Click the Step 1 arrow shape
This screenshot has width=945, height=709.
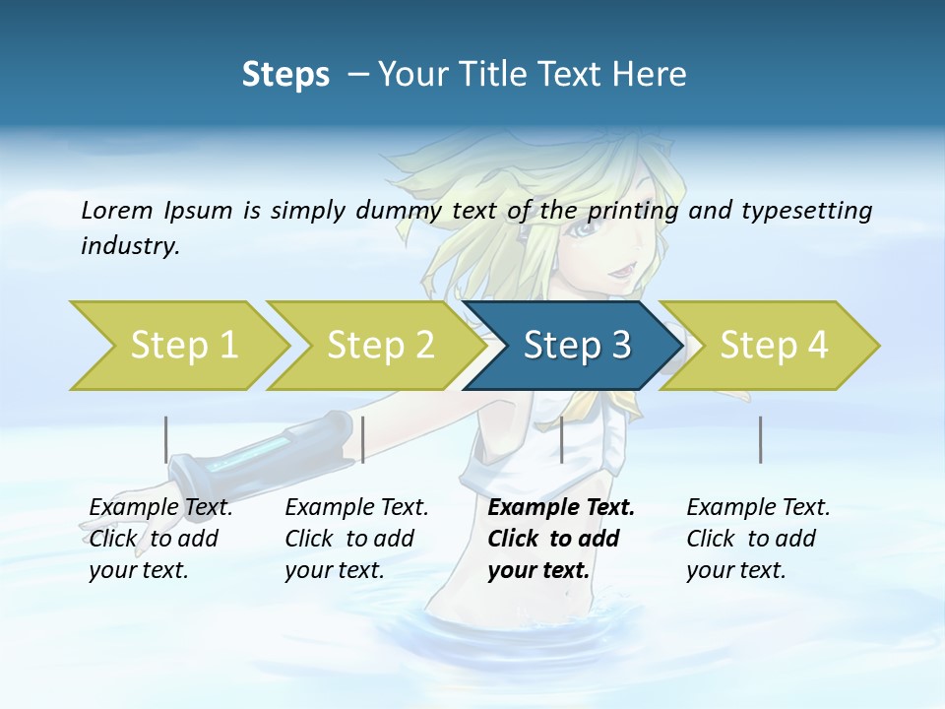coord(177,346)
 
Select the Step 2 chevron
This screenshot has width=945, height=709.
coord(374,346)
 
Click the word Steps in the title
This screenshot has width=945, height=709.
coord(285,74)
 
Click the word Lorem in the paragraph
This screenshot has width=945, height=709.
coord(117,210)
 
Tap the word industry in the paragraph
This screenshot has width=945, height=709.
coord(129,246)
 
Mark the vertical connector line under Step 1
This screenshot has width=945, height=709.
coord(166,439)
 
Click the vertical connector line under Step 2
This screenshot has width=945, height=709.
coord(363,439)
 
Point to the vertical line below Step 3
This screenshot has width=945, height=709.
coord(561,439)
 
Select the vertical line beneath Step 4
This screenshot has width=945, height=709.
coord(760,439)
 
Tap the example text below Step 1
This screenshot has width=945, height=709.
coord(160,539)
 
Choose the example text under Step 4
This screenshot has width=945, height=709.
coord(758,539)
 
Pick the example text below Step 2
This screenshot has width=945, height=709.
coord(356,539)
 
